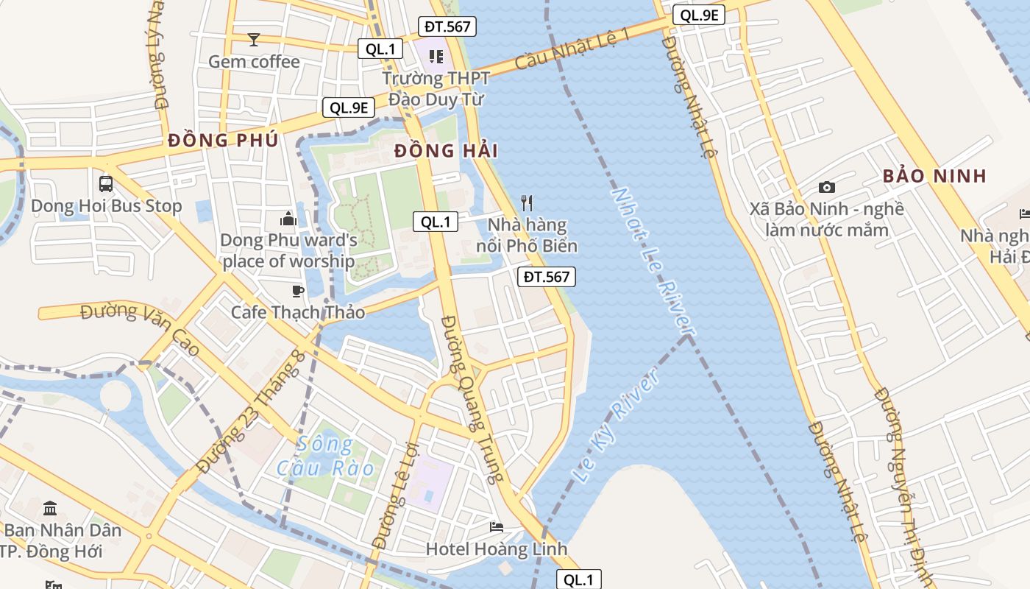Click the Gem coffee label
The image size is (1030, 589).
pos(254,62)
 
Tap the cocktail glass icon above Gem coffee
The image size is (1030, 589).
pos(254,40)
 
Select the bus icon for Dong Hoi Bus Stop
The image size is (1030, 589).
pos(106,183)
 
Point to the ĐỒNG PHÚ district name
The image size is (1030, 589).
pos(223,140)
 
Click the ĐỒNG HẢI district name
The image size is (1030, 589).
pos(446,151)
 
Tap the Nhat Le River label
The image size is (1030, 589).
pos(654,261)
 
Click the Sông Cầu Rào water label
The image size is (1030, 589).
pos(325,456)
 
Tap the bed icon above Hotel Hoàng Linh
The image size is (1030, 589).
pos(497,527)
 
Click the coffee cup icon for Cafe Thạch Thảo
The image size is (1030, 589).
pos(298,291)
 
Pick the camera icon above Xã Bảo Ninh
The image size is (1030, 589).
pos(827,188)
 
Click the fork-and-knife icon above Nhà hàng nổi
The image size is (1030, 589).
pos(527,202)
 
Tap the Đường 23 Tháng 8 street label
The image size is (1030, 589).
pos(250,412)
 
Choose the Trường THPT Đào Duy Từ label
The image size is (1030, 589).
pos(436,88)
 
